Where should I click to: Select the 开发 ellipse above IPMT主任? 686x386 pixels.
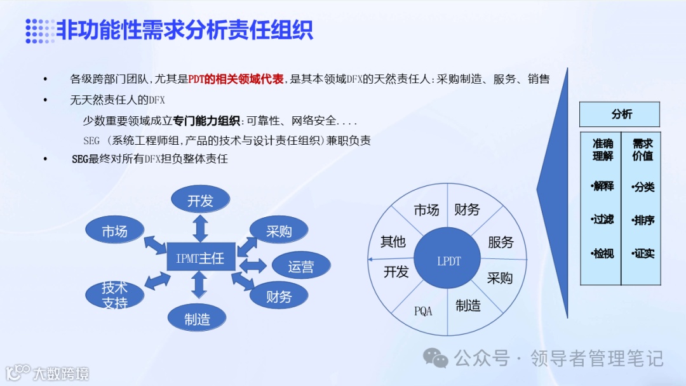[x=200, y=201]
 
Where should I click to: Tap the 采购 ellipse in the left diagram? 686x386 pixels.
[x=279, y=231]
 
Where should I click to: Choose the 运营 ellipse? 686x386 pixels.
[x=300, y=266]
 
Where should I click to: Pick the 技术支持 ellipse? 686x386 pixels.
[x=115, y=294]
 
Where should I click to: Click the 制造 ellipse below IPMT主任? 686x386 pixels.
[x=198, y=319]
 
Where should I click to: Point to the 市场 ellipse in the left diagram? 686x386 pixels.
[x=115, y=231]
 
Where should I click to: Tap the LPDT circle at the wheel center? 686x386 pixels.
[x=449, y=261]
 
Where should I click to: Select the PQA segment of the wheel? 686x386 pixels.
[x=423, y=311]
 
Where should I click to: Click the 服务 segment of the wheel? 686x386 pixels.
[x=501, y=242]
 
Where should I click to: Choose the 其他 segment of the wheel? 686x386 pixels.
[x=393, y=242]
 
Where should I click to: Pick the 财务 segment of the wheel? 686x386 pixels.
[x=467, y=210]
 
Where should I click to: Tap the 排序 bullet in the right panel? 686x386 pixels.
[x=643, y=220]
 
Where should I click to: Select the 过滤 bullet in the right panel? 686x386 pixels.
[x=602, y=219]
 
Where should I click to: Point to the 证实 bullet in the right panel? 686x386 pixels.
[x=643, y=253]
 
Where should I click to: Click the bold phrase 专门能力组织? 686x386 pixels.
[x=207, y=121]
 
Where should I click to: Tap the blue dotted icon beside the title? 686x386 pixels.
[x=39, y=30]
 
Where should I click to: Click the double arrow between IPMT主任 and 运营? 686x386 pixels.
[x=253, y=265]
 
